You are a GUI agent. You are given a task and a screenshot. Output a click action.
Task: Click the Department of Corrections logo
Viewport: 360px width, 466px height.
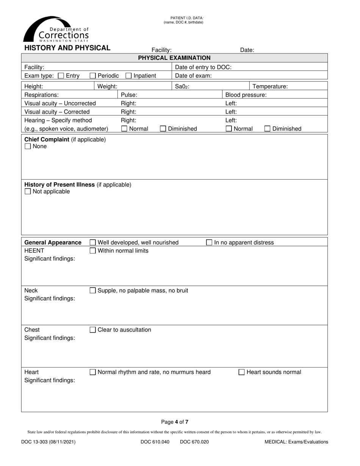click(x=56, y=30)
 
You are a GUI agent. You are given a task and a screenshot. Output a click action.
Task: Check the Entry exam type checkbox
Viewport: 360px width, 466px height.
click(x=61, y=76)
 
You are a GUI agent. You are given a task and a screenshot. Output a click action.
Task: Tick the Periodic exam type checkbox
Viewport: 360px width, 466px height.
click(x=93, y=76)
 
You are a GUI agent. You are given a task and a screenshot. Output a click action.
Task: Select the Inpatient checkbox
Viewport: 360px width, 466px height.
click(x=128, y=76)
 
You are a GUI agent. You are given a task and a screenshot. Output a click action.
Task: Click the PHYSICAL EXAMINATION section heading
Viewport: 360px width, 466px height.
click(x=174, y=58)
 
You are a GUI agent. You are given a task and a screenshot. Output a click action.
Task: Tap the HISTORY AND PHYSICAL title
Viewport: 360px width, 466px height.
click(x=67, y=48)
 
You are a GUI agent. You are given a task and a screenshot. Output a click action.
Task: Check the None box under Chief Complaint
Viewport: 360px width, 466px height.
click(x=28, y=147)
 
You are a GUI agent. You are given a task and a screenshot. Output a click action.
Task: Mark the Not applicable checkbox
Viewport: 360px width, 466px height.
click(x=28, y=192)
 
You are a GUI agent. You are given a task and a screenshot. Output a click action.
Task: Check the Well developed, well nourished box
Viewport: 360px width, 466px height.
click(x=93, y=242)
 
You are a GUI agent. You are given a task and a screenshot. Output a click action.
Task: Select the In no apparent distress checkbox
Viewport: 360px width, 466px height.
click(x=209, y=242)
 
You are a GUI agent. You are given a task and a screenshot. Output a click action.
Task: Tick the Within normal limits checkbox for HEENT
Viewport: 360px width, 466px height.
click(x=93, y=251)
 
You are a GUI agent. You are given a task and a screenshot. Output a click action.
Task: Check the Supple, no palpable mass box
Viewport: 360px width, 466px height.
click(x=93, y=291)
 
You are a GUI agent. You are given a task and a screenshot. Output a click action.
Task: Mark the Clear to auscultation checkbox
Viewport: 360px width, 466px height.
click(x=93, y=330)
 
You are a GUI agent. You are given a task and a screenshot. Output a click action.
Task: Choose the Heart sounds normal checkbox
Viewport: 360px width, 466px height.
click(x=241, y=372)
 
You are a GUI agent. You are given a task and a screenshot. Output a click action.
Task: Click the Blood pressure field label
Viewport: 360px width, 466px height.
click(x=246, y=95)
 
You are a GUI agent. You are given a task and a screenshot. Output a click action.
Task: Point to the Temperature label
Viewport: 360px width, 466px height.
click(x=270, y=86)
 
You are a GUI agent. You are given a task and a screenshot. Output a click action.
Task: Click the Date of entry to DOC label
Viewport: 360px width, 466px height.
click(x=203, y=67)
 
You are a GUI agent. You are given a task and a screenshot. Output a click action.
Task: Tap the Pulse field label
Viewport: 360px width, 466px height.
click(x=129, y=95)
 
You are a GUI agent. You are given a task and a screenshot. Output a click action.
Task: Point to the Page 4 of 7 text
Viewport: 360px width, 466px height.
click(x=175, y=422)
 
